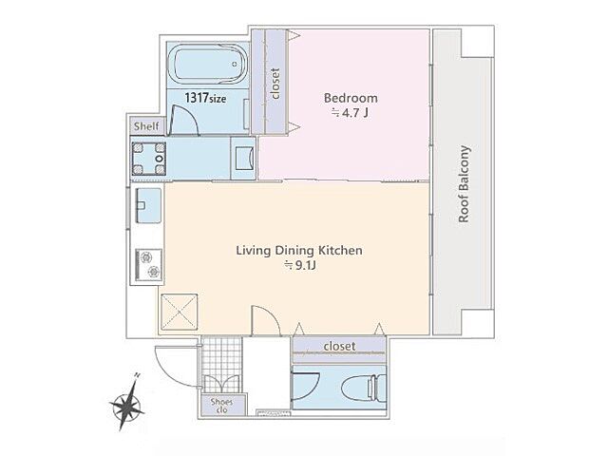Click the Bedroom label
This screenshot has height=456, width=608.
pyautogui.click(x=351, y=98)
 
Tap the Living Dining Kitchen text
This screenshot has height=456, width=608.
pyautogui.click(x=299, y=251)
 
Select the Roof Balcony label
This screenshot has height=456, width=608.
pyautogui.click(x=465, y=183)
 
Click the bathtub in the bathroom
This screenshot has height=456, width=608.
pyautogui.click(x=209, y=64)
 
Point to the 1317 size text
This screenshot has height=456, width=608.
pyautogui.click(x=205, y=98)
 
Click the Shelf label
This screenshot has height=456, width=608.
pyautogui.click(x=146, y=126)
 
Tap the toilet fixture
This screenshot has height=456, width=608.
pyautogui.click(x=364, y=387)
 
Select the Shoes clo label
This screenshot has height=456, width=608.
pyautogui.click(x=221, y=406)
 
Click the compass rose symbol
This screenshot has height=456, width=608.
pyautogui.click(x=126, y=403)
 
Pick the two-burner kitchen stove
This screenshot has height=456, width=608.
pyautogui.click(x=149, y=265)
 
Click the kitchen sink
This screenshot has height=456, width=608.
pyautogui.click(x=149, y=205)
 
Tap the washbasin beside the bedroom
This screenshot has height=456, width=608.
pyautogui.click(x=244, y=158)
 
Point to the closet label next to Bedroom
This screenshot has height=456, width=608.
pyautogui.click(x=275, y=84)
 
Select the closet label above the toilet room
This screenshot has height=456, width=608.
pyautogui.click(x=340, y=346)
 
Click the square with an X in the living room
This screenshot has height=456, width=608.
pyautogui.click(x=180, y=312)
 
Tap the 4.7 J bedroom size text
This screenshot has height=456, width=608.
pyautogui.click(x=349, y=113)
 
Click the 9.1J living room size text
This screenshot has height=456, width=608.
pyautogui.click(x=301, y=266)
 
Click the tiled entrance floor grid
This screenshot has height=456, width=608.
pyautogui.click(x=221, y=365)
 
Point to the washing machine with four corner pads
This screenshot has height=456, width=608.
pyautogui.click(x=149, y=159)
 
